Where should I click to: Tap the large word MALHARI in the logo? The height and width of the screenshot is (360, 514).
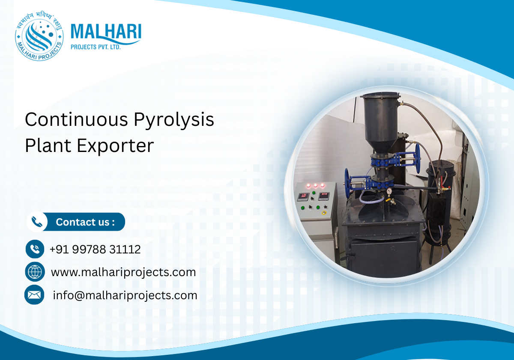pyautogui.click(x=105, y=33)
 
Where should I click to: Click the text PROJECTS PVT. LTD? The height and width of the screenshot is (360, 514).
pyautogui.click(x=96, y=47)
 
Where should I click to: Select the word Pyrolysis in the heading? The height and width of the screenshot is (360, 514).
pyautogui.click(x=174, y=120)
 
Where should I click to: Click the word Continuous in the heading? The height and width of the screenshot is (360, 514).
pyautogui.click(x=76, y=119)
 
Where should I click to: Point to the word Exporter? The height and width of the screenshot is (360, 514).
pyautogui.click(x=115, y=146)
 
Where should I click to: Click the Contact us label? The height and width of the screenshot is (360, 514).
pyautogui.click(x=85, y=222)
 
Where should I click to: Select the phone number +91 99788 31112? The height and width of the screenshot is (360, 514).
pyautogui.click(x=95, y=249)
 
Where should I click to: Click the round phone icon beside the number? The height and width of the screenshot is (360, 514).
pyautogui.click(x=35, y=249)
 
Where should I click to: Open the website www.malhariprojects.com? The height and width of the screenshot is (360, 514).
pyautogui.click(x=123, y=272)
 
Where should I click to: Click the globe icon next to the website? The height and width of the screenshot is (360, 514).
pyautogui.click(x=35, y=272)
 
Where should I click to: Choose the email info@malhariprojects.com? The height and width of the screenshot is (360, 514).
pyautogui.click(x=125, y=295)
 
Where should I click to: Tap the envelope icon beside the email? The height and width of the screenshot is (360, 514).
pyautogui.click(x=35, y=295)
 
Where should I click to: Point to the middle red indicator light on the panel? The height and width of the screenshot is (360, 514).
pyautogui.click(x=316, y=186)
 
